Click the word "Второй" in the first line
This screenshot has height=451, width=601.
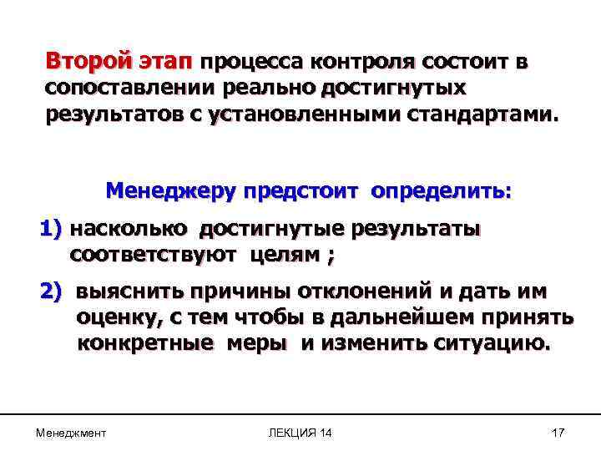[88, 63]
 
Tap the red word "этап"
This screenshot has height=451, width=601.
[164, 63]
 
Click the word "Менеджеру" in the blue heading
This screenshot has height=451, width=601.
[169, 191]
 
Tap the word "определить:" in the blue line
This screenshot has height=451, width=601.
[442, 191]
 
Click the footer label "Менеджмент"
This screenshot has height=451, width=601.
[71, 432]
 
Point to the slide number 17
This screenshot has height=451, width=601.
[558, 432]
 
